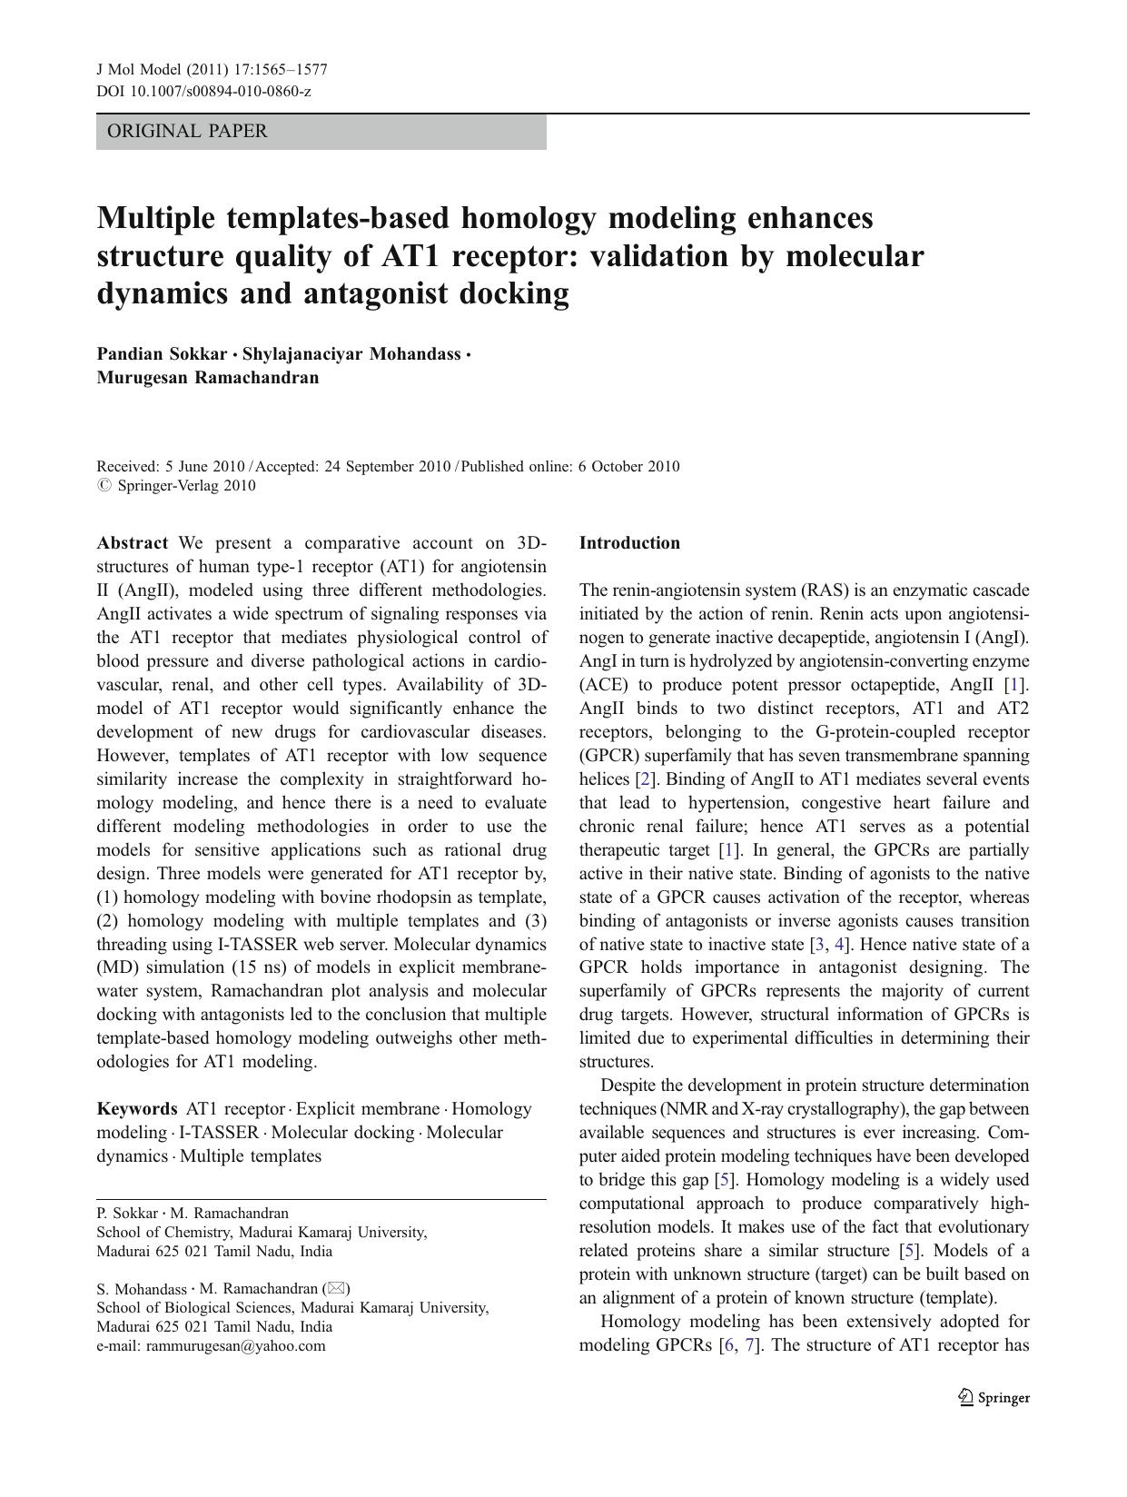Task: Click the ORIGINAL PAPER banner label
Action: pos(187,132)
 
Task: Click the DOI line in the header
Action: pos(203,91)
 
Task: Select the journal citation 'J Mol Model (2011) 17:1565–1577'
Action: pos(212,70)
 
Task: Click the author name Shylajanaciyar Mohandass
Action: pos(351,354)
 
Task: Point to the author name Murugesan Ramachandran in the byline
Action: pos(207,378)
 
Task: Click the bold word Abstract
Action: pos(132,543)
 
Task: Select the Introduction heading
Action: pos(629,543)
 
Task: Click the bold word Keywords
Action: pos(137,1109)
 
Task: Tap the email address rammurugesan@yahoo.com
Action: pos(235,1346)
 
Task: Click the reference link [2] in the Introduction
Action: pos(645,779)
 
